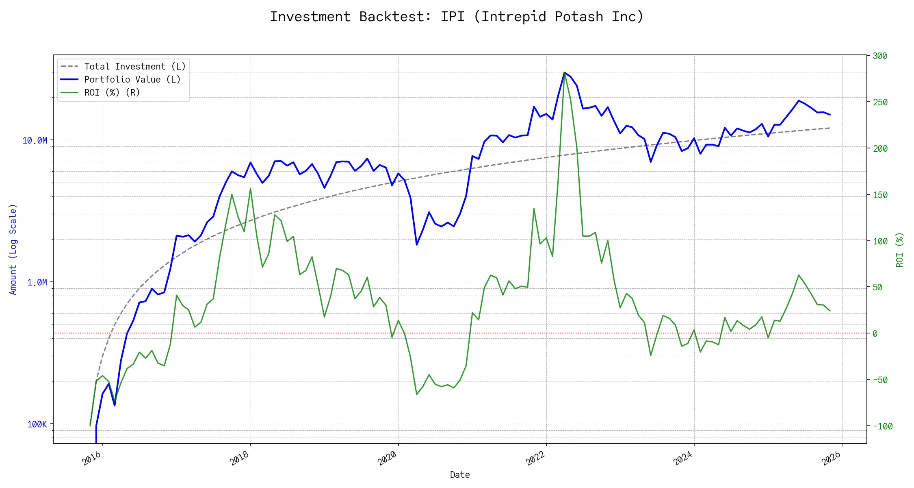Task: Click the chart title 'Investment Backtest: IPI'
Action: [457, 17]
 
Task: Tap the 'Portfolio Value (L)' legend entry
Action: [132, 80]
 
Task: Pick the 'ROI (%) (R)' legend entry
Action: [112, 93]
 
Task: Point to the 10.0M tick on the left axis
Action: [35, 141]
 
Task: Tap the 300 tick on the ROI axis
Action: [880, 56]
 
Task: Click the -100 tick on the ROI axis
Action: [882, 427]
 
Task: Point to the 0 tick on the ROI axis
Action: [875, 334]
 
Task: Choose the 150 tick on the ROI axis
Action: [880, 195]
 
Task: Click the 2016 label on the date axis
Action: [91, 458]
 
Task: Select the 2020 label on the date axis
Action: [387, 458]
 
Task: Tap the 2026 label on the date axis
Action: [831, 458]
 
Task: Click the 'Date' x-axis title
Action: [460, 475]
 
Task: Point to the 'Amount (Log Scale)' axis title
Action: [13, 249]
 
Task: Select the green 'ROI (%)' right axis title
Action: [900, 250]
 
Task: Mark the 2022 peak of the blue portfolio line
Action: [564, 73]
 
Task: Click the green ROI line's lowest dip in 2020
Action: [417, 394]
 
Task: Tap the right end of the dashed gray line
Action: [830, 128]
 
